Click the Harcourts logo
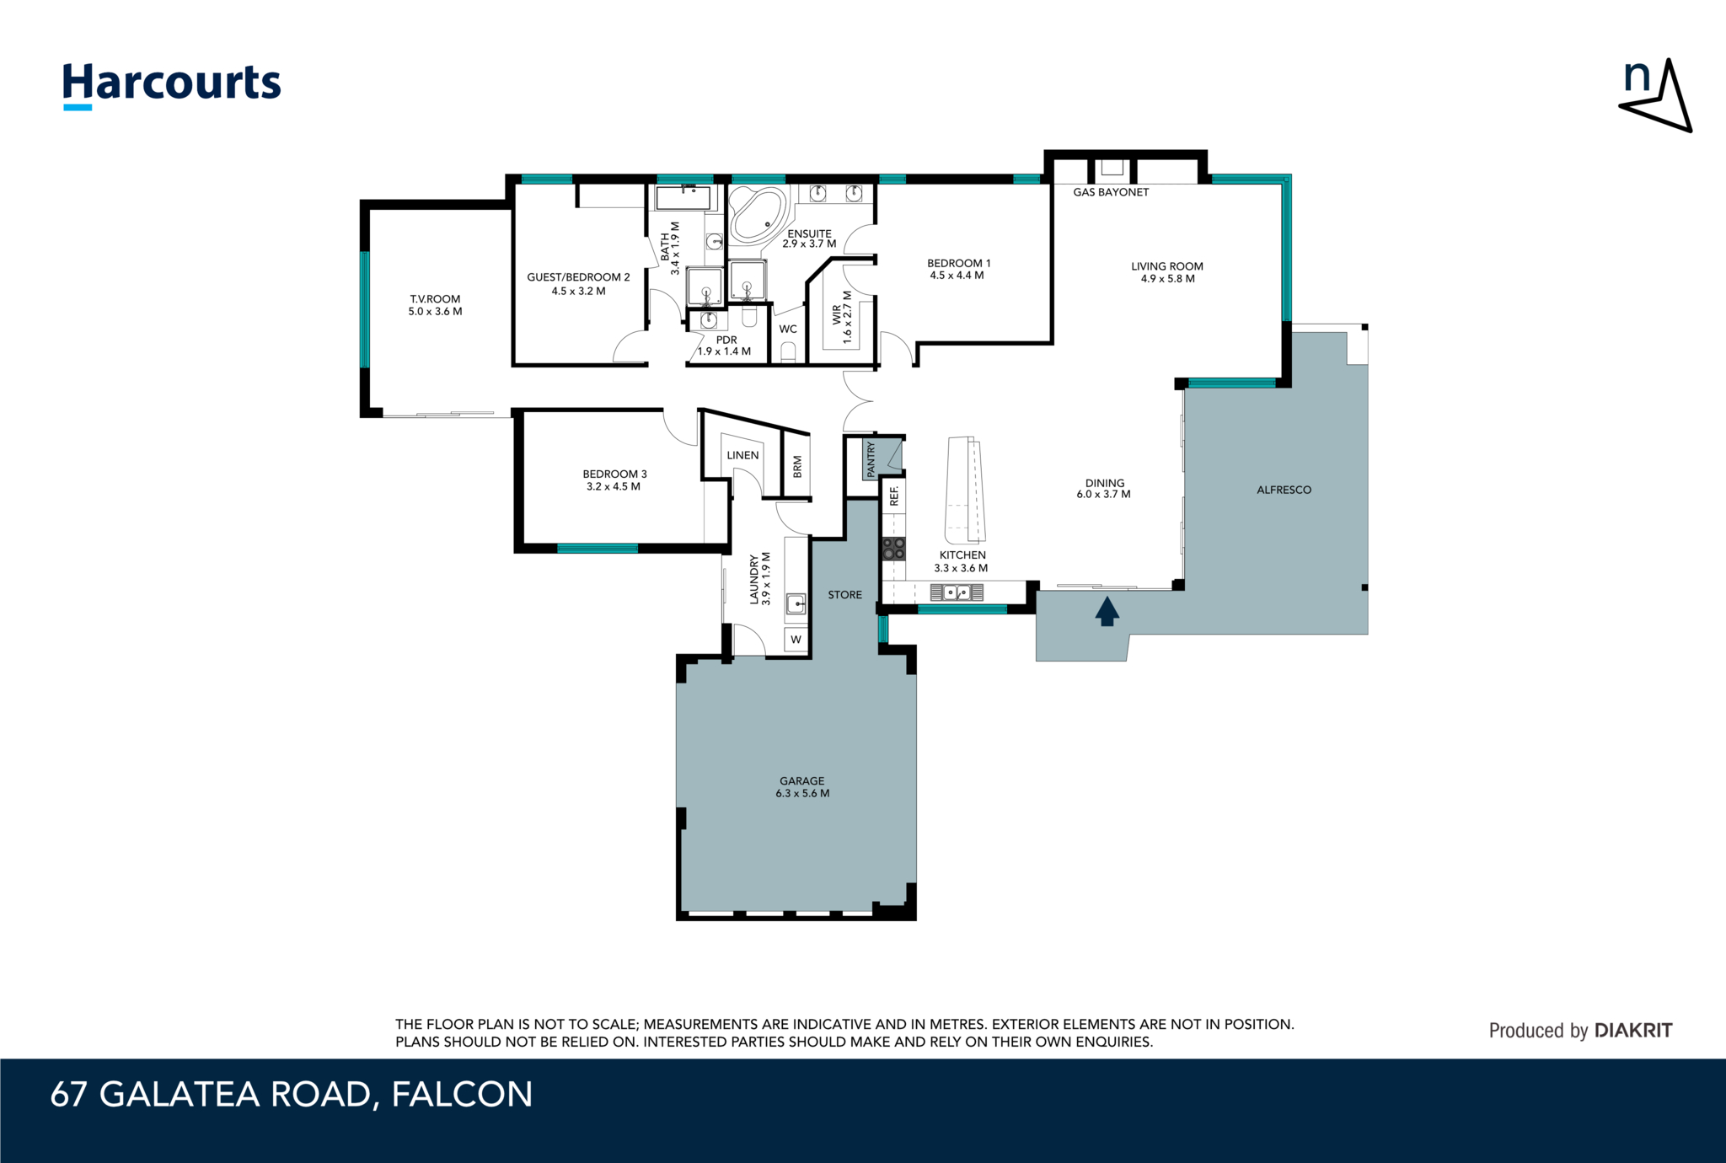[x=172, y=85]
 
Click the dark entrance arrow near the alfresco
[x=1107, y=611]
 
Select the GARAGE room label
[x=802, y=781]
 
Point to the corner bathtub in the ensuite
[x=757, y=217]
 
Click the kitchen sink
[x=957, y=592]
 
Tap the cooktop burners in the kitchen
[x=893, y=549]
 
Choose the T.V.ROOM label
[x=435, y=299]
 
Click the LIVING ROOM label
[x=1167, y=266]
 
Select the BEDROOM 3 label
[x=614, y=474]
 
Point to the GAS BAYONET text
[x=1111, y=192]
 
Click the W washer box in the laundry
[x=796, y=640]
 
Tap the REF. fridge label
[x=894, y=496]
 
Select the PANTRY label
[x=871, y=458]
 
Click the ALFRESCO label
[x=1284, y=490]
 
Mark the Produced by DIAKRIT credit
[x=1580, y=1031]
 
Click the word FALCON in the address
[x=462, y=1095]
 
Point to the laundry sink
[x=796, y=603]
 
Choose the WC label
[x=788, y=329]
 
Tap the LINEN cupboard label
[x=742, y=455]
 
